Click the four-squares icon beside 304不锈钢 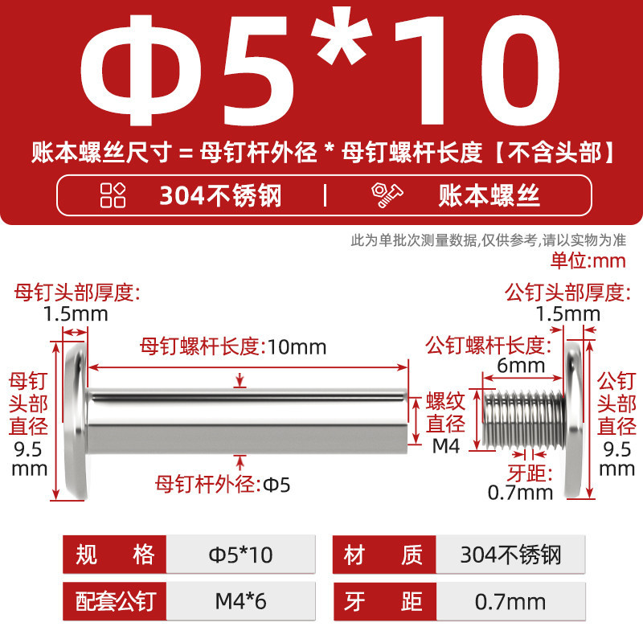pos(113,195)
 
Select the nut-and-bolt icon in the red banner pos(387,195)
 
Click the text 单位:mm pos(588,260)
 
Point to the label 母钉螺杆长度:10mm pos(233,346)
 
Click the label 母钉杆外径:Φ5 pos(223,485)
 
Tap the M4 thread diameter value pos(446,446)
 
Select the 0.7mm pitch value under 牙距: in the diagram pos(520,493)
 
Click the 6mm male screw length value pos(521,366)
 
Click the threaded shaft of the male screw pos(523,420)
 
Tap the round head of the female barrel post pos(76,420)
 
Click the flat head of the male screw pos(573,420)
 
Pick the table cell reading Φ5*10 pos(240,555)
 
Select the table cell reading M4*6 pos(240,601)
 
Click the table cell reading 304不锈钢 pos(510,555)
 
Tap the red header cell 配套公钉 pos(115,601)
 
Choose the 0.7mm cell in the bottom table pos(510,601)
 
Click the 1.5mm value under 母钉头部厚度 pos(76,314)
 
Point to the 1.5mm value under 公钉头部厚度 pos(568,314)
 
